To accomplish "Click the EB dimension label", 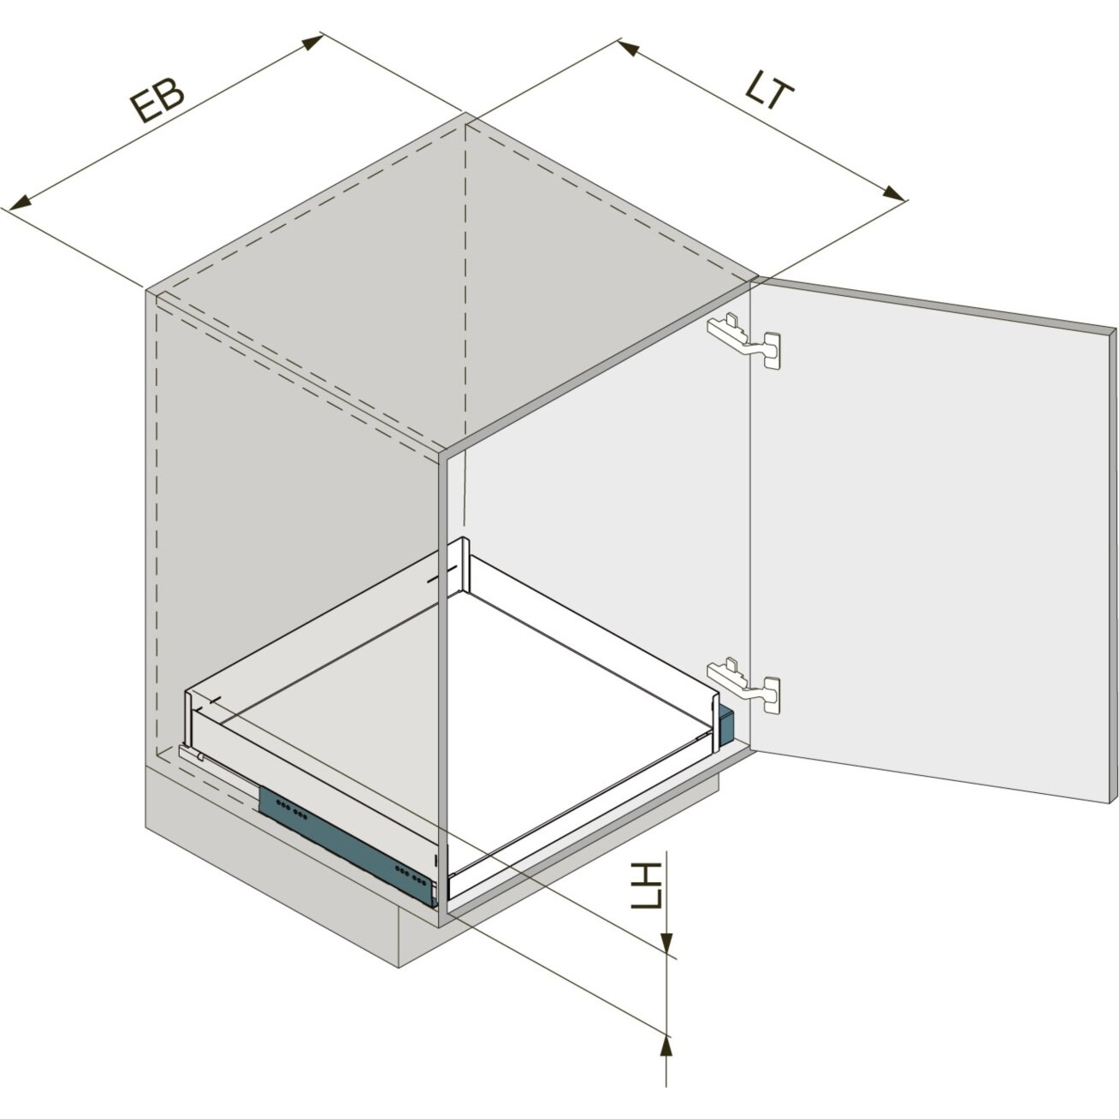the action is (156, 102).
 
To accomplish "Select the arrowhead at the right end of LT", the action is (891, 193).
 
